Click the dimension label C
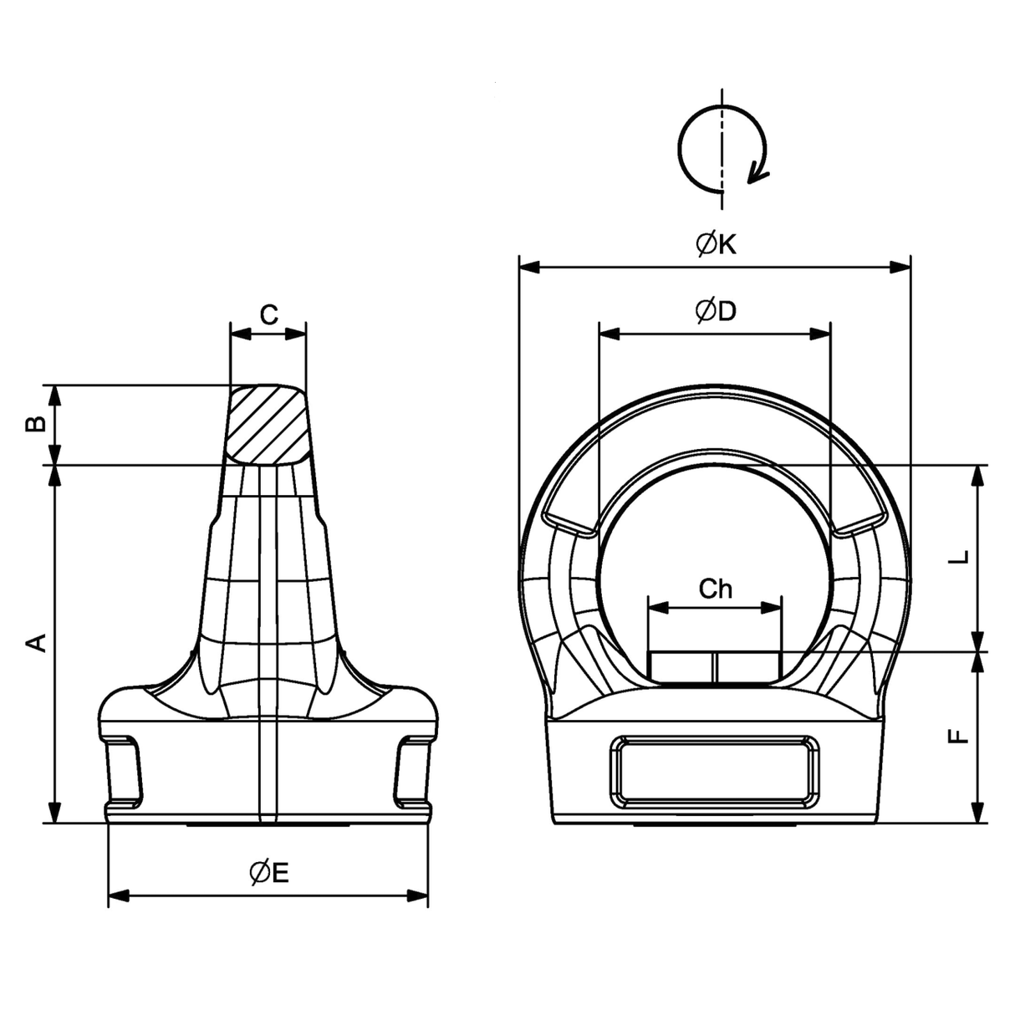click(x=268, y=314)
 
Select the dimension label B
click(x=36, y=424)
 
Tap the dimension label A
click(x=36, y=643)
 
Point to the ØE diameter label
click(x=269, y=873)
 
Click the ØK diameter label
click(x=716, y=244)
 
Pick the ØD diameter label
click(x=716, y=311)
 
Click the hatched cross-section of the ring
click(x=268, y=425)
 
